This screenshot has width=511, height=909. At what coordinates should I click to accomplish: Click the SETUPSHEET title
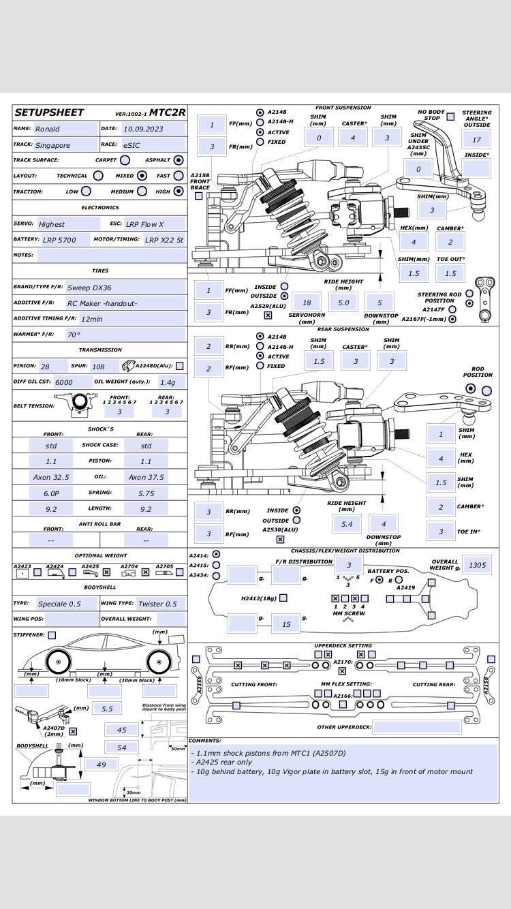(x=49, y=112)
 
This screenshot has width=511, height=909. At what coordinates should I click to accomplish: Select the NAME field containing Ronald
(x=65, y=129)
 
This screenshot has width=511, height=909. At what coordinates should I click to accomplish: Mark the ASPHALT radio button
(x=179, y=160)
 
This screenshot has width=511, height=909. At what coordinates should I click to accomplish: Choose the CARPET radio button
(x=125, y=160)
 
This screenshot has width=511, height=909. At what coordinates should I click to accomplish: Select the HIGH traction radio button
(x=179, y=191)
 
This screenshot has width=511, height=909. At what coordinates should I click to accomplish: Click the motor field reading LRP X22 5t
(x=164, y=240)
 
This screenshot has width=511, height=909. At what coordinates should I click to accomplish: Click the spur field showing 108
(x=103, y=367)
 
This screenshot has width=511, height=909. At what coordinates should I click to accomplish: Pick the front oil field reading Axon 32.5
(x=51, y=477)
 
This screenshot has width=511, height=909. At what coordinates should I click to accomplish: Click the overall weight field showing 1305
(x=477, y=565)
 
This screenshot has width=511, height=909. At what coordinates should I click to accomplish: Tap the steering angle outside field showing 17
(x=476, y=139)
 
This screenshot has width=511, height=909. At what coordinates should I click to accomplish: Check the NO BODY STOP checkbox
(x=450, y=117)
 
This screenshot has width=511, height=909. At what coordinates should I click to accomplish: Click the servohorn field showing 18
(x=307, y=303)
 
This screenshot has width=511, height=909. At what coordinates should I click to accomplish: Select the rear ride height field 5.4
(x=347, y=523)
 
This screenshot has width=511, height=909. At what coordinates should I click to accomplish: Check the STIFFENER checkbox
(x=52, y=635)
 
